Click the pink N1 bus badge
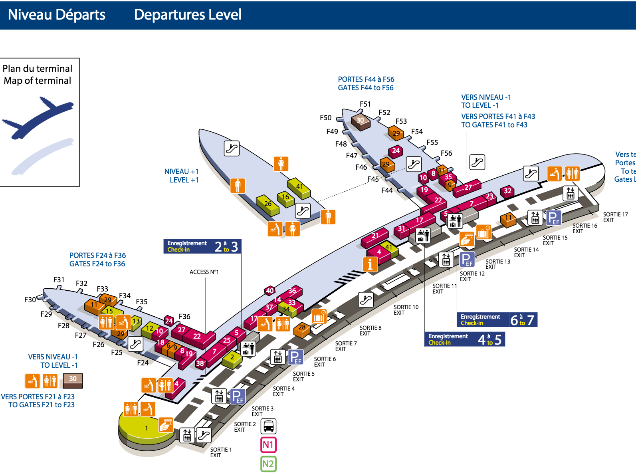[268, 445]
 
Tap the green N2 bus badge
[268, 464]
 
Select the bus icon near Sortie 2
[268, 426]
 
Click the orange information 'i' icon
[370, 264]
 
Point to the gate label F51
[365, 104]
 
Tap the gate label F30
[30, 299]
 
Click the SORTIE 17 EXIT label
[615, 217]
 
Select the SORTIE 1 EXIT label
[220, 452]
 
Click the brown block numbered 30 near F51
[361, 121]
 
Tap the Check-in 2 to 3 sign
[202, 246]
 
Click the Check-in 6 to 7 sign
[497, 319]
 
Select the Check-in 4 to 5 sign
[464, 339]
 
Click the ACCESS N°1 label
[204, 272]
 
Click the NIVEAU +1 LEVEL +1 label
[181, 176]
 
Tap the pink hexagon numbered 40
[269, 291]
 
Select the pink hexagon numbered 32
[507, 191]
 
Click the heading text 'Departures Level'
[188, 15]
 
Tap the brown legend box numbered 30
[73, 381]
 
